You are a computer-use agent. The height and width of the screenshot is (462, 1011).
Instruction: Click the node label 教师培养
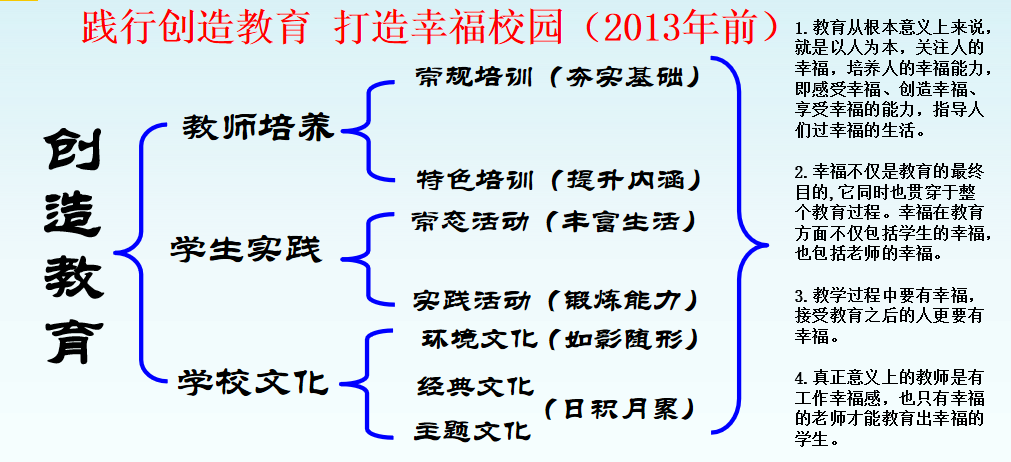click(258, 127)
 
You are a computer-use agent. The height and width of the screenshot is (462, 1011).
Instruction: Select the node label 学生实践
click(246, 249)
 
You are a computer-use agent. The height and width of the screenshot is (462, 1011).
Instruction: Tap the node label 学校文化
click(253, 383)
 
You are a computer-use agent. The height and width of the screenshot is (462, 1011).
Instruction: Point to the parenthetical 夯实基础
click(624, 77)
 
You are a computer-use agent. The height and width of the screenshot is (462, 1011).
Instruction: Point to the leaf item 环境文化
click(478, 338)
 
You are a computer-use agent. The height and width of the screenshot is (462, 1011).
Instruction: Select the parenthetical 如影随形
click(623, 338)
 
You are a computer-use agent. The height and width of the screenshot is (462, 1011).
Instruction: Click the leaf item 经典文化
click(475, 386)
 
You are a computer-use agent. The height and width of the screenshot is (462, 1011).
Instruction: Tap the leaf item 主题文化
click(473, 430)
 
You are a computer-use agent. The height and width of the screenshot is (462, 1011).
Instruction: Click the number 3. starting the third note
click(801, 297)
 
